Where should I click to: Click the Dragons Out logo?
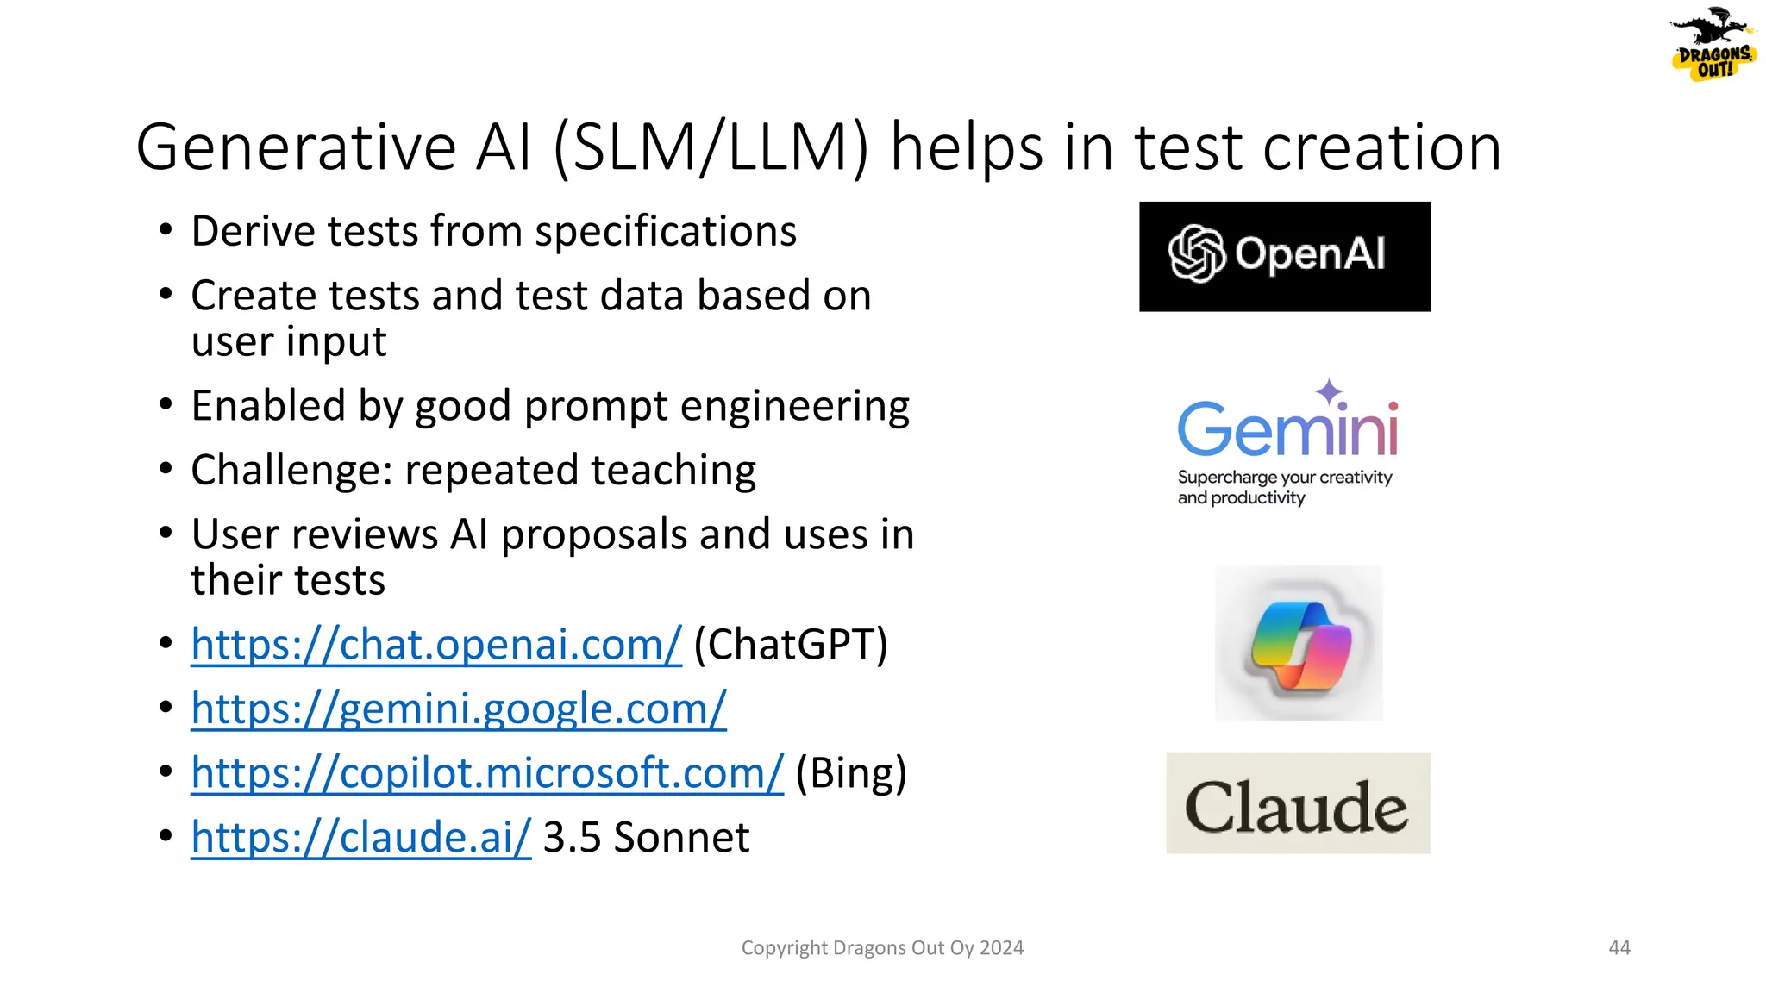click(1713, 45)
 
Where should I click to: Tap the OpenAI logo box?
click(1284, 256)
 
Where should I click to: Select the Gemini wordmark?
click(1287, 428)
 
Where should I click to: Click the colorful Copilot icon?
click(1299, 644)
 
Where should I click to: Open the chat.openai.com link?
click(436, 645)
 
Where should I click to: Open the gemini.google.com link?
click(459, 709)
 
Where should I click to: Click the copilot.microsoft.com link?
click(487, 773)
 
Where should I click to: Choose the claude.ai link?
click(361, 837)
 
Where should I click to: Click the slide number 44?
click(1619, 947)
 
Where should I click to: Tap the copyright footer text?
click(882, 948)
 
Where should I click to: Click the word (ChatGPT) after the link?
click(791, 645)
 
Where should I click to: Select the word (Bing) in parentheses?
click(851, 773)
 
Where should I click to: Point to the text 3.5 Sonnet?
click(646, 837)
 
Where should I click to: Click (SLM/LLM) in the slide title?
click(710, 148)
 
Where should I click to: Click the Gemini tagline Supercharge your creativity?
click(1285, 478)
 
